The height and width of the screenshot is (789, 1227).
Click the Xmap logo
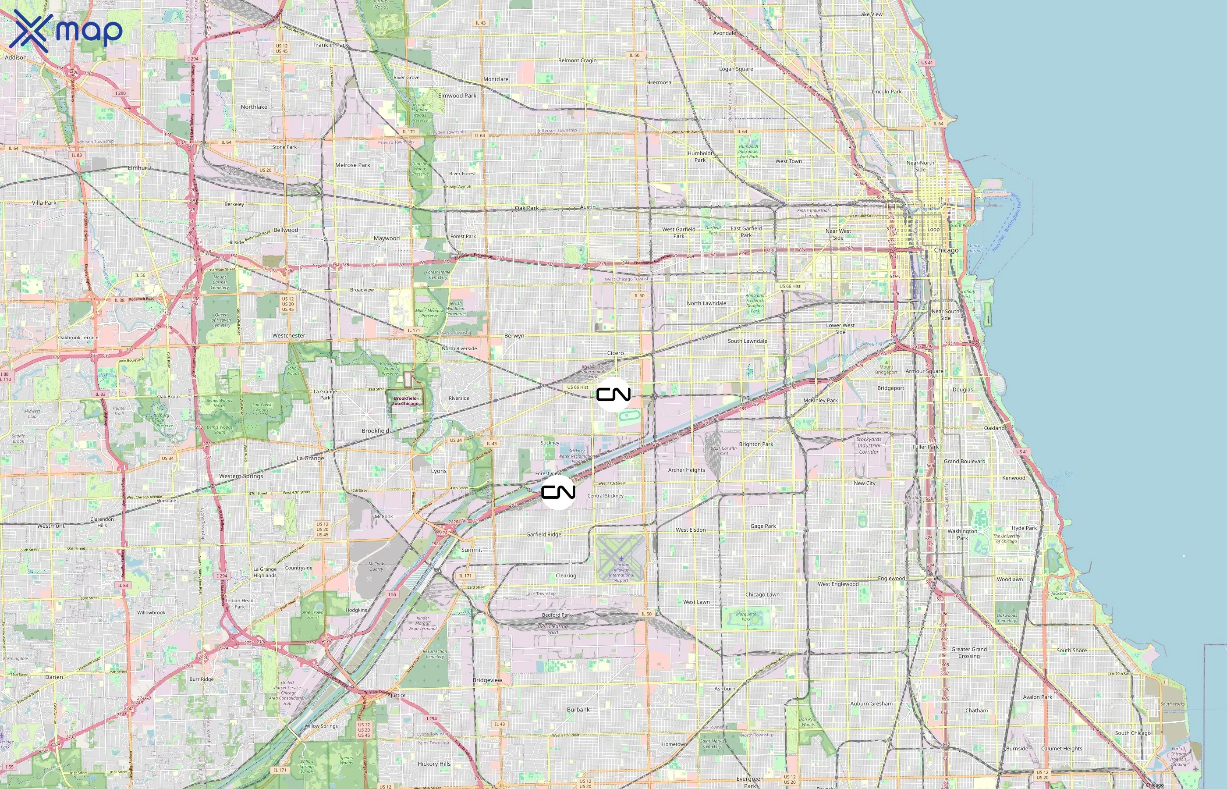pos(66,31)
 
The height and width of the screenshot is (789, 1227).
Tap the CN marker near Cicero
pos(613,394)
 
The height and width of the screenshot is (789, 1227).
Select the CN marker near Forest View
pos(558,492)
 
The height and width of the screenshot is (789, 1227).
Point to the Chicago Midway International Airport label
pos(621,572)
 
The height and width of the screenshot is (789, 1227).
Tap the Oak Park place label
pos(526,208)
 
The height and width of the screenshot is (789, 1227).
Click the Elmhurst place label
pos(140,167)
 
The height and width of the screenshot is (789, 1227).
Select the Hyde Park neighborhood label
pos(1024,528)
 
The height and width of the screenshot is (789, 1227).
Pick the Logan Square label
pos(736,69)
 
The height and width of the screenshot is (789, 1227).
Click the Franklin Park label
pos(330,45)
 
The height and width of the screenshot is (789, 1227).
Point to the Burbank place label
pos(578,710)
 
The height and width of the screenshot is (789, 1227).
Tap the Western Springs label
pos(241,476)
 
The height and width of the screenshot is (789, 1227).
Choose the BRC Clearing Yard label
pos(553,629)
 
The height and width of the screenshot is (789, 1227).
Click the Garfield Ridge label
pos(543,534)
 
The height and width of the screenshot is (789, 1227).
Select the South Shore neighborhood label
pos(1071,650)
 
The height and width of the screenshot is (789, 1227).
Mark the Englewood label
pos(892,579)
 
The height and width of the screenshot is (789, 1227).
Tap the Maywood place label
pos(386,238)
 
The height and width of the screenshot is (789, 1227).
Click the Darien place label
pos(54,677)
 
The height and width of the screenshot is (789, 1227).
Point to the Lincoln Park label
pos(887,92)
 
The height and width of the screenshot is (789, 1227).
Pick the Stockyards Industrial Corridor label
pos(869,445)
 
